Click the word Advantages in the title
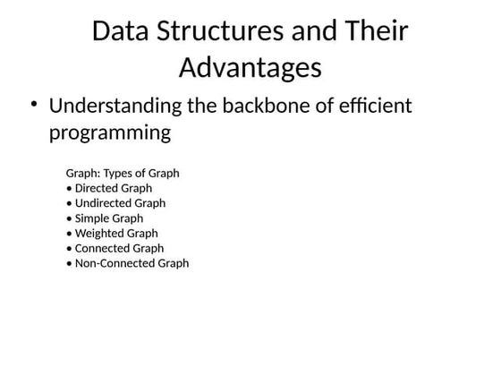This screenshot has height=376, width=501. click(x=250, y=67)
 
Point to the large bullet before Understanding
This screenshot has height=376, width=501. click(x=33, y=105)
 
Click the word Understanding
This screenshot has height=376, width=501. click(x=115, y=107)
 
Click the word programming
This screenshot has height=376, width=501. click(x=109, y=133)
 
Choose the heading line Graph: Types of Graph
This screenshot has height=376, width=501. click(x=123, y=173)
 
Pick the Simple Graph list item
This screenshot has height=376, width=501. click(x=105, y=218)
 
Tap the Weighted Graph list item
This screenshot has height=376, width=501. click(x=112, y=233)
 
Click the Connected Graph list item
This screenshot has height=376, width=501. click(x=115, y=248)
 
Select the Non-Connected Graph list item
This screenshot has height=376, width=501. click(x=127, y=263)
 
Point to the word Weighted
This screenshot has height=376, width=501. click(x=100, y=233)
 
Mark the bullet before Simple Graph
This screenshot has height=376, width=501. click(x=69, y=218)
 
